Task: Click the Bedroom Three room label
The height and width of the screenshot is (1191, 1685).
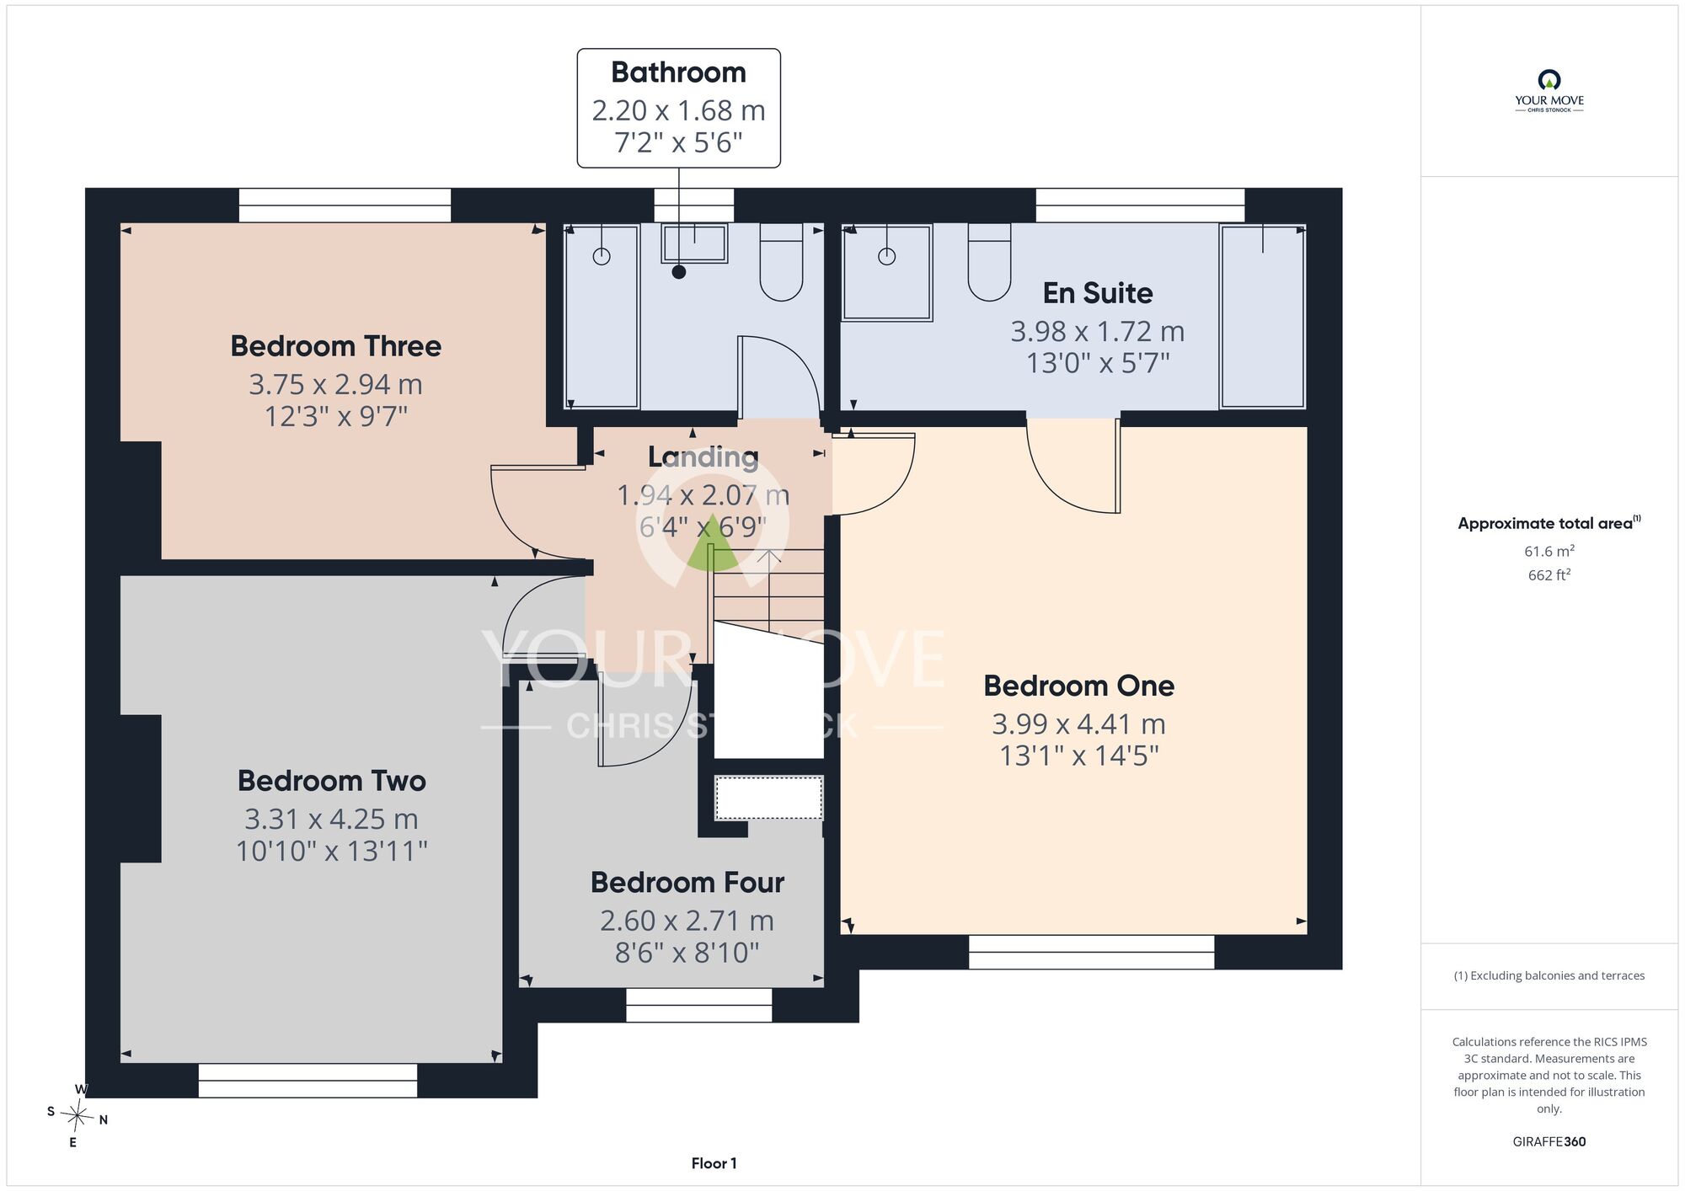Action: pos(336,346)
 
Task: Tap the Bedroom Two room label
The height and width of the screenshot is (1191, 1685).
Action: pos(332,781)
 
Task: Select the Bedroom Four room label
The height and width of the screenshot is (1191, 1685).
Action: pos(687,883)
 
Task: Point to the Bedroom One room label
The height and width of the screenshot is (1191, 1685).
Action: pos(1079,686)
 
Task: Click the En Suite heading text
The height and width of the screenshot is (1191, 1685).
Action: pos(1098,293)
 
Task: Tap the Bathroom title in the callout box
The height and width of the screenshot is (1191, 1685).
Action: pos(679,72)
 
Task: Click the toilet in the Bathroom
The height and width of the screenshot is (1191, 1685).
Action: pos(782,262)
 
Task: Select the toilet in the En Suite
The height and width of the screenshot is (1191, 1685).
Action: pos(989,262)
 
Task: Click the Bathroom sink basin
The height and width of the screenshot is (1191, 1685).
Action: pos(695,243)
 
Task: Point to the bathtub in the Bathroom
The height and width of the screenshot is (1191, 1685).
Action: pos(602,317)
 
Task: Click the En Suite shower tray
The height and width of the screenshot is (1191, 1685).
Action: pos(887,273)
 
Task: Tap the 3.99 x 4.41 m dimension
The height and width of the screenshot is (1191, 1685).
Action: pos(1079,724)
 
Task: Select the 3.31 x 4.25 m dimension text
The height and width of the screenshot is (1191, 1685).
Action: pos(332,819)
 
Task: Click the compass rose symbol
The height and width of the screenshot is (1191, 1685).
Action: pos(78,1116)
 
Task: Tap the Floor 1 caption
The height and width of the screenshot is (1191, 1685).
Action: pos(714,1163)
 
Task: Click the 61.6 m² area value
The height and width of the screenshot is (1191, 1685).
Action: pos(1549,552)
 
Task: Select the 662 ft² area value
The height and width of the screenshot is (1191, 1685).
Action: pos(1549,575)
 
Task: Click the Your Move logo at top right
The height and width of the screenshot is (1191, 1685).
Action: pos(1549,91)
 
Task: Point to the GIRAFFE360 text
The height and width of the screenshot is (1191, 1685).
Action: pos(1549,1142)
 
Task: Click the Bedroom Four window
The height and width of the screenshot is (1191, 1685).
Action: pos(699,1005)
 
